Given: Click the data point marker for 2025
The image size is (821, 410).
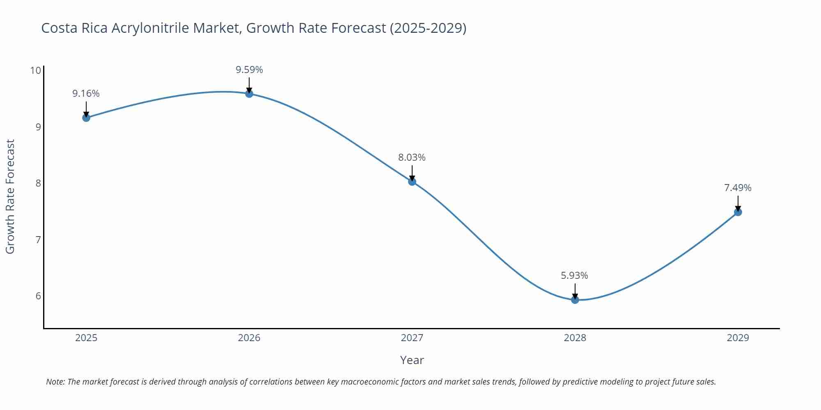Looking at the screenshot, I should tap(86, 118).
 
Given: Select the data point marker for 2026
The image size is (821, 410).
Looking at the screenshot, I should tap(249, 93).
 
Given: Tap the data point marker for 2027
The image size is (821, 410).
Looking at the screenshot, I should tap(412, 182).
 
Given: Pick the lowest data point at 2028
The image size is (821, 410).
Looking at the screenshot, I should tap(575, 300).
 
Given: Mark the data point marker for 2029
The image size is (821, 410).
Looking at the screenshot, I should tap(738, 212).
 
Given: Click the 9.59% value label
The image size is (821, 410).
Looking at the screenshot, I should tap(249, 70).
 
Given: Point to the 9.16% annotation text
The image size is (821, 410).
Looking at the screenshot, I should tap(86, 93).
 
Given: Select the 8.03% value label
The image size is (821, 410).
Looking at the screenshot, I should tap(412, 157).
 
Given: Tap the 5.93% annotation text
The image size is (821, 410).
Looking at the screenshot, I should tap(575, 276).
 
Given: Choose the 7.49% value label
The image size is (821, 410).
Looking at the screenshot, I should tap(738, 188).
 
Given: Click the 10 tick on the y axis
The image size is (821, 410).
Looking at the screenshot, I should tap(36, 71).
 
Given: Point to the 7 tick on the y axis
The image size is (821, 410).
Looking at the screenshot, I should tap(38, 239).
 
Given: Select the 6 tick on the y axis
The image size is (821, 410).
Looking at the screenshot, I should tap(38, 296).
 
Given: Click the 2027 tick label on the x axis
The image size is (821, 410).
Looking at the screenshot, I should tap(412, 338).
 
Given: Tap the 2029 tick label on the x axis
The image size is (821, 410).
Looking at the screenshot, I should tap(738, 338).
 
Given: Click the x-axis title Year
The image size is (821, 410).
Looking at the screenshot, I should tap(412, 360).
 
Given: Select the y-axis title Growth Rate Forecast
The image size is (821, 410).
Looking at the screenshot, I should tap(10, 196).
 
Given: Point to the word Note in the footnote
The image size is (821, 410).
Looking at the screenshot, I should tap(55, 382).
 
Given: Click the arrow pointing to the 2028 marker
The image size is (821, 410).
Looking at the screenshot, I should tap(575, 291).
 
